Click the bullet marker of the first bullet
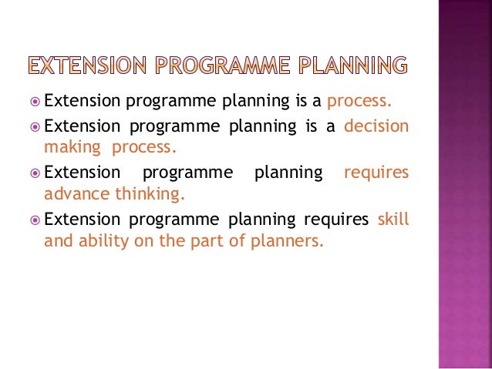(x=35, y=101)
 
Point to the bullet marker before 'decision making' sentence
(x=35, y=126)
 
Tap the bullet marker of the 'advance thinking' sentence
(x=35, y=173)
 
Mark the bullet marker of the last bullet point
(x=35, y=220)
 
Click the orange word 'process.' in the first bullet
(x=360, y=102)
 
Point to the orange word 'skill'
(x=393, y=220)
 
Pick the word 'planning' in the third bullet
(x=290, y=173)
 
